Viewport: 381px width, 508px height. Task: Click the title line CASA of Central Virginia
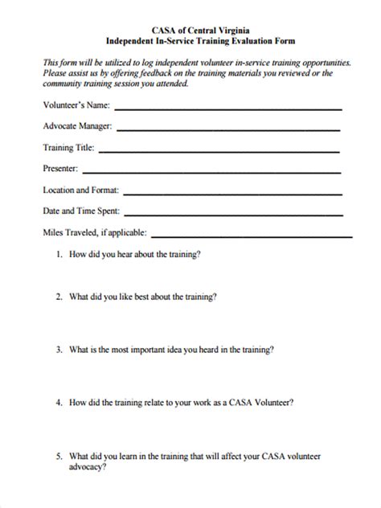pyautogui.click(x=190, y=27)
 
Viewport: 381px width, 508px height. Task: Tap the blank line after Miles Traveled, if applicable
pyautogui.click(x=252, y=235)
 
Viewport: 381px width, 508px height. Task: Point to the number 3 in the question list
pyautogui.click(x=58, y=350)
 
